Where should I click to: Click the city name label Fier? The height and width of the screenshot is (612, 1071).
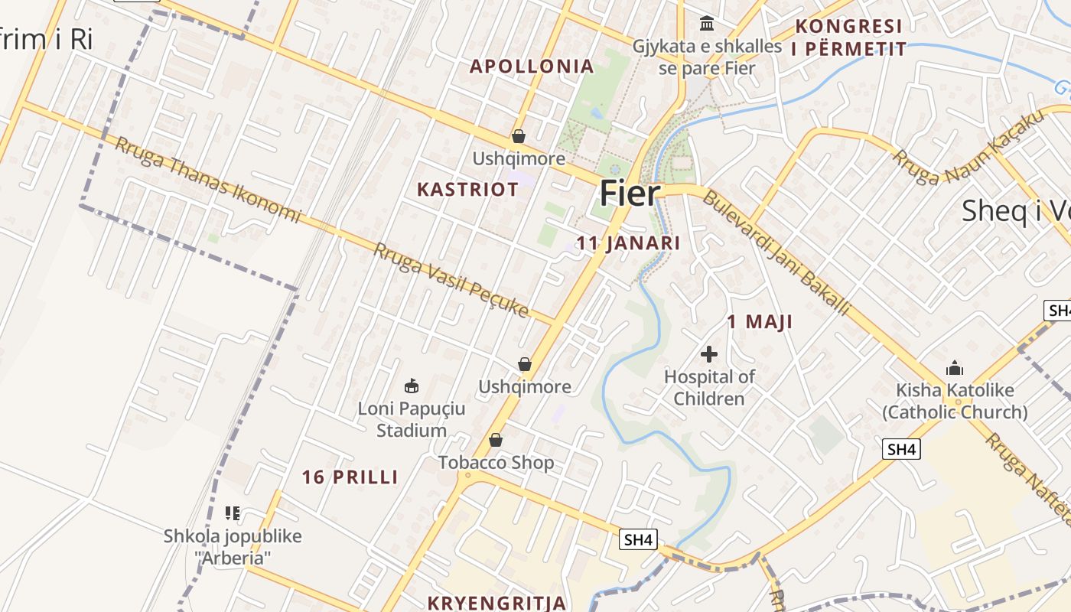coord(629,194)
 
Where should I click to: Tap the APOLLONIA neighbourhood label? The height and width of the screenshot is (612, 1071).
coord(532,67)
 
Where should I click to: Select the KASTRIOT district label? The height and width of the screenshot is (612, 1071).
coord(467,190)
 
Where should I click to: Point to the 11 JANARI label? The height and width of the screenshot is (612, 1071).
coord(628,243)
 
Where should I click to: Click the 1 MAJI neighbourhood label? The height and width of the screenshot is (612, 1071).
coord(759,322)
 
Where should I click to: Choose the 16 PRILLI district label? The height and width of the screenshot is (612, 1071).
coord(350,477)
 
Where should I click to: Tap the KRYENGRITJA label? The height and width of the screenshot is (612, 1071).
coord(496,603)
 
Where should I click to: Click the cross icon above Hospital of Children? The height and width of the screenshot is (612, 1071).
coord(709,354)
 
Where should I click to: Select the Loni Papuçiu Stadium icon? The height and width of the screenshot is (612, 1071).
coord(412,385)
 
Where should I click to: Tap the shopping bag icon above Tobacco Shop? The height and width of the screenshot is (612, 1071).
coord(496,440)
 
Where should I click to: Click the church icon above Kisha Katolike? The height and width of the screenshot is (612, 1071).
coord(954,368)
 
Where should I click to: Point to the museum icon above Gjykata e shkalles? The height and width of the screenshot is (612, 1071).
coord(707,24)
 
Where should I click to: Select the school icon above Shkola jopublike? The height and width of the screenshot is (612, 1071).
coord(233,513)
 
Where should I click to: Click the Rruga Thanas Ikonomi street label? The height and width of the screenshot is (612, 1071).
coord(207,180)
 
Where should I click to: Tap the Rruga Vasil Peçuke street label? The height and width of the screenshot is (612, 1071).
coord(451,280)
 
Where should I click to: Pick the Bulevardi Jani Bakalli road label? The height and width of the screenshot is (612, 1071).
coord(776,253)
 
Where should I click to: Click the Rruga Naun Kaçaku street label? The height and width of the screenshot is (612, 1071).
coord(967,146)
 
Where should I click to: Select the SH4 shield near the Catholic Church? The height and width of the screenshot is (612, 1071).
coord(901,449)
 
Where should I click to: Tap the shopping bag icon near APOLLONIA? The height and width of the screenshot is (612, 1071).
coord(519,136)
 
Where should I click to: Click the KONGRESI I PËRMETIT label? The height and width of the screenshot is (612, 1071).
coord(848,37)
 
